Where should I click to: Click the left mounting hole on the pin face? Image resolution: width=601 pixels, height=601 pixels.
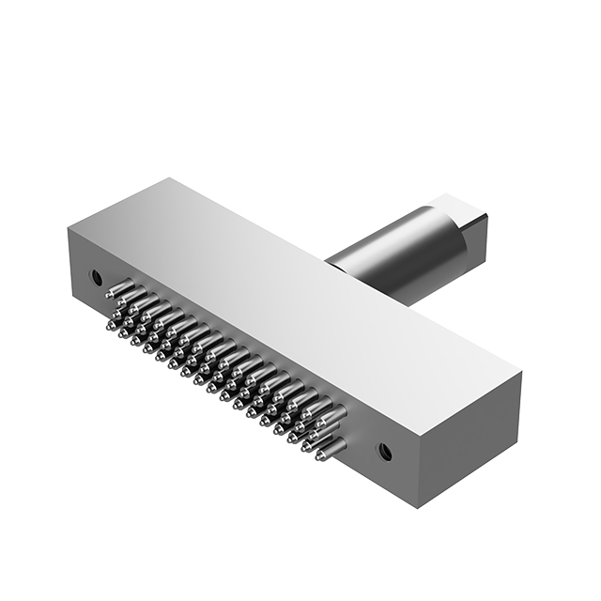95,277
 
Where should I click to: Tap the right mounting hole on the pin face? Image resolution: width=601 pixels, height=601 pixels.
384,450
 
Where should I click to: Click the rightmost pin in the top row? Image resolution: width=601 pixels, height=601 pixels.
334,411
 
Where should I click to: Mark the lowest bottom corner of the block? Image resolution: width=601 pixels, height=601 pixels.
415,508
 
